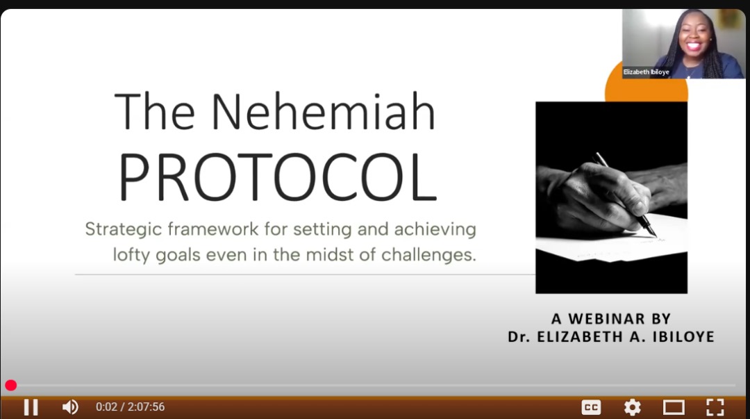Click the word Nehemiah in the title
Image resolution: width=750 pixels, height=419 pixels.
tap(324, 112)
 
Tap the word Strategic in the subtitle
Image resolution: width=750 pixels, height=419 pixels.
tap(124, 229)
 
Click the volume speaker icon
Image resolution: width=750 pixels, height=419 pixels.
tap(70, 407)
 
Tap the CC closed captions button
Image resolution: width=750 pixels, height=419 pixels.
tap(591, 407)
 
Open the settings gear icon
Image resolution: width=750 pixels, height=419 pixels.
tap(633, 407)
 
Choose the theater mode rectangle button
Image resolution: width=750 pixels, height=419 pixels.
tap(674, 407)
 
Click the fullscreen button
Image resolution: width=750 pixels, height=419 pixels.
tap(715, 407)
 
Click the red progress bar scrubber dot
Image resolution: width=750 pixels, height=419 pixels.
tap(10, 385)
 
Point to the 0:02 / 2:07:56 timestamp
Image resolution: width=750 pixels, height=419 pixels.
tap(130, 407)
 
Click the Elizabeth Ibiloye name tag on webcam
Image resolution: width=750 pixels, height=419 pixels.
tap(647, 72)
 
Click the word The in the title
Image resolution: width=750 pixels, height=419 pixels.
tap(155, 112)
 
